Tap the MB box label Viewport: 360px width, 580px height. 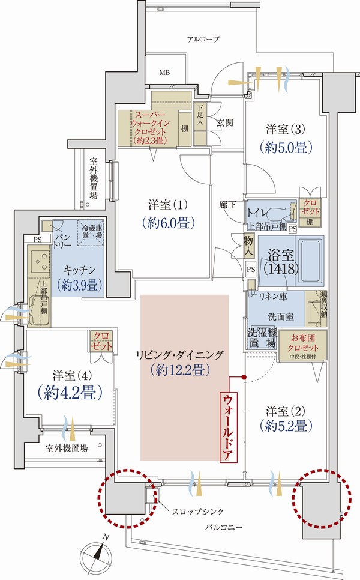[x=164, y=74]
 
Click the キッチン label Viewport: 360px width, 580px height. [x=78, y=270]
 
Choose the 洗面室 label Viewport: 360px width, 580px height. [x=276, y=316]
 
